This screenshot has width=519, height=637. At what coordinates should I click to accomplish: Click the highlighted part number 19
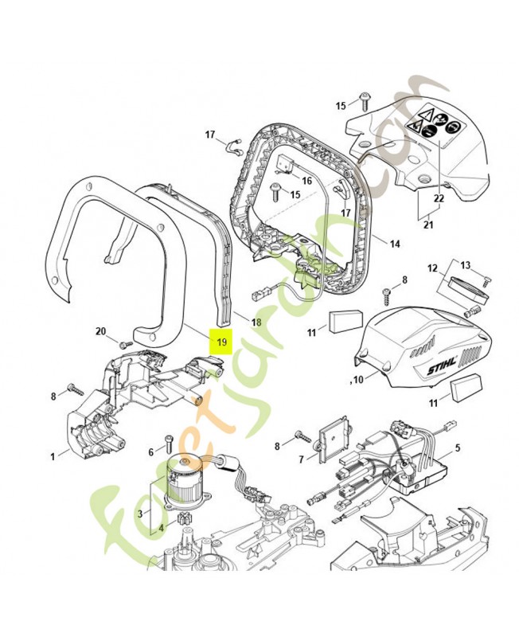(x=221, y=342)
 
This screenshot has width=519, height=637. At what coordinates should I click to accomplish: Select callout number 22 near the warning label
(x=439, y=198)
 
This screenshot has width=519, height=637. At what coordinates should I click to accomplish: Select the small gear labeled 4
(x=185, y=521)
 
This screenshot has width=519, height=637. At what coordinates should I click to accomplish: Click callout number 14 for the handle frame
(x=394, y=244)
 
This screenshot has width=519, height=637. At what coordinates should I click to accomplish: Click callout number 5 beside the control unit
(x=458, y=447)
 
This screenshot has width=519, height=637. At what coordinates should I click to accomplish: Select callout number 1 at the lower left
(x=53, y=456)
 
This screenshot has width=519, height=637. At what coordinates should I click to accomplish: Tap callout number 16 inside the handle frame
(x=307, y=180)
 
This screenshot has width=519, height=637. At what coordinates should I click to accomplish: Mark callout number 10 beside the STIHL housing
(x=357, y=380)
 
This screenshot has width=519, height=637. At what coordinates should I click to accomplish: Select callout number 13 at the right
(x=465, y=265)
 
